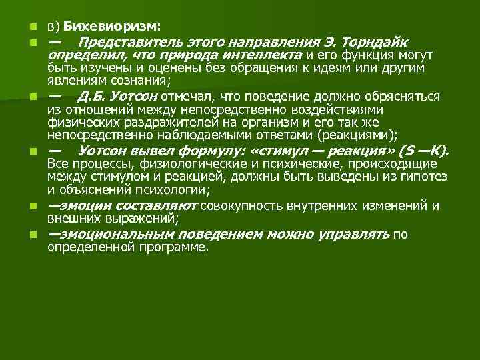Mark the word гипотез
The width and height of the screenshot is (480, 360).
(x=423, y=176)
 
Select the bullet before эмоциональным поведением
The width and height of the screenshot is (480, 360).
(x=31, y=235)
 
